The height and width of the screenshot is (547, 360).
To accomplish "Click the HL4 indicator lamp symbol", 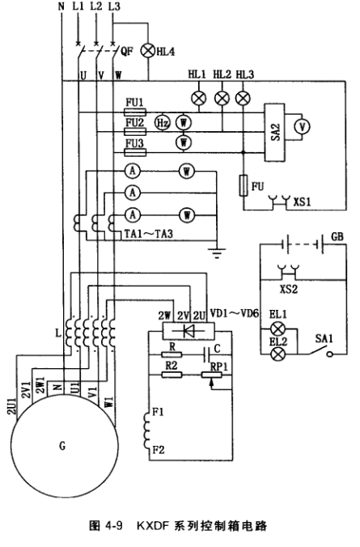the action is coord(148,51).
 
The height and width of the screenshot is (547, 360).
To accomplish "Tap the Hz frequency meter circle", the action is coord(163,123).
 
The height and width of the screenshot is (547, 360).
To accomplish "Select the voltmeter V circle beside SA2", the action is coord(303,126).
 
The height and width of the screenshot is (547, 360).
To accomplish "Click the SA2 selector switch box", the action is coord(274,133).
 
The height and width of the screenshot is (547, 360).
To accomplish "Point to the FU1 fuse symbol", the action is coord(135,112).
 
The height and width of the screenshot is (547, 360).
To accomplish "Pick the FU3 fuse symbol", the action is coord(135,152).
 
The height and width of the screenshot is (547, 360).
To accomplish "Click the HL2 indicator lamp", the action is coord(222,99).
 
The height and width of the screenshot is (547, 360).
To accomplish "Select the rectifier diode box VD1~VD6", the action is coord(188,331).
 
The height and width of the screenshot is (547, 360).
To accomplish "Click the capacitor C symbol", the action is coord(206,355).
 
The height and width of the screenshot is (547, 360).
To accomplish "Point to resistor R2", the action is coord(172,375).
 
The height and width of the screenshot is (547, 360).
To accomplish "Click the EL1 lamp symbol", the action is coord(278,329).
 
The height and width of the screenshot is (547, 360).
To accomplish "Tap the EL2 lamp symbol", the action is coord(278,354).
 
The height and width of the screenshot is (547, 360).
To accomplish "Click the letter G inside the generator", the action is coord(62,446).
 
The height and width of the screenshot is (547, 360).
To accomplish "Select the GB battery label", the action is coord(337,237).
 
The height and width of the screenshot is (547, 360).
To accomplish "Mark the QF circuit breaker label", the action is coord(127,52).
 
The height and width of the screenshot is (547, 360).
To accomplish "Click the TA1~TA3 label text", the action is coord(149,234).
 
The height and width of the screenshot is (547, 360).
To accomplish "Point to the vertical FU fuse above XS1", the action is coord(244,185).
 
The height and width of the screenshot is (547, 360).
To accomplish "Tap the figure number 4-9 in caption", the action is coord(113,526).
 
